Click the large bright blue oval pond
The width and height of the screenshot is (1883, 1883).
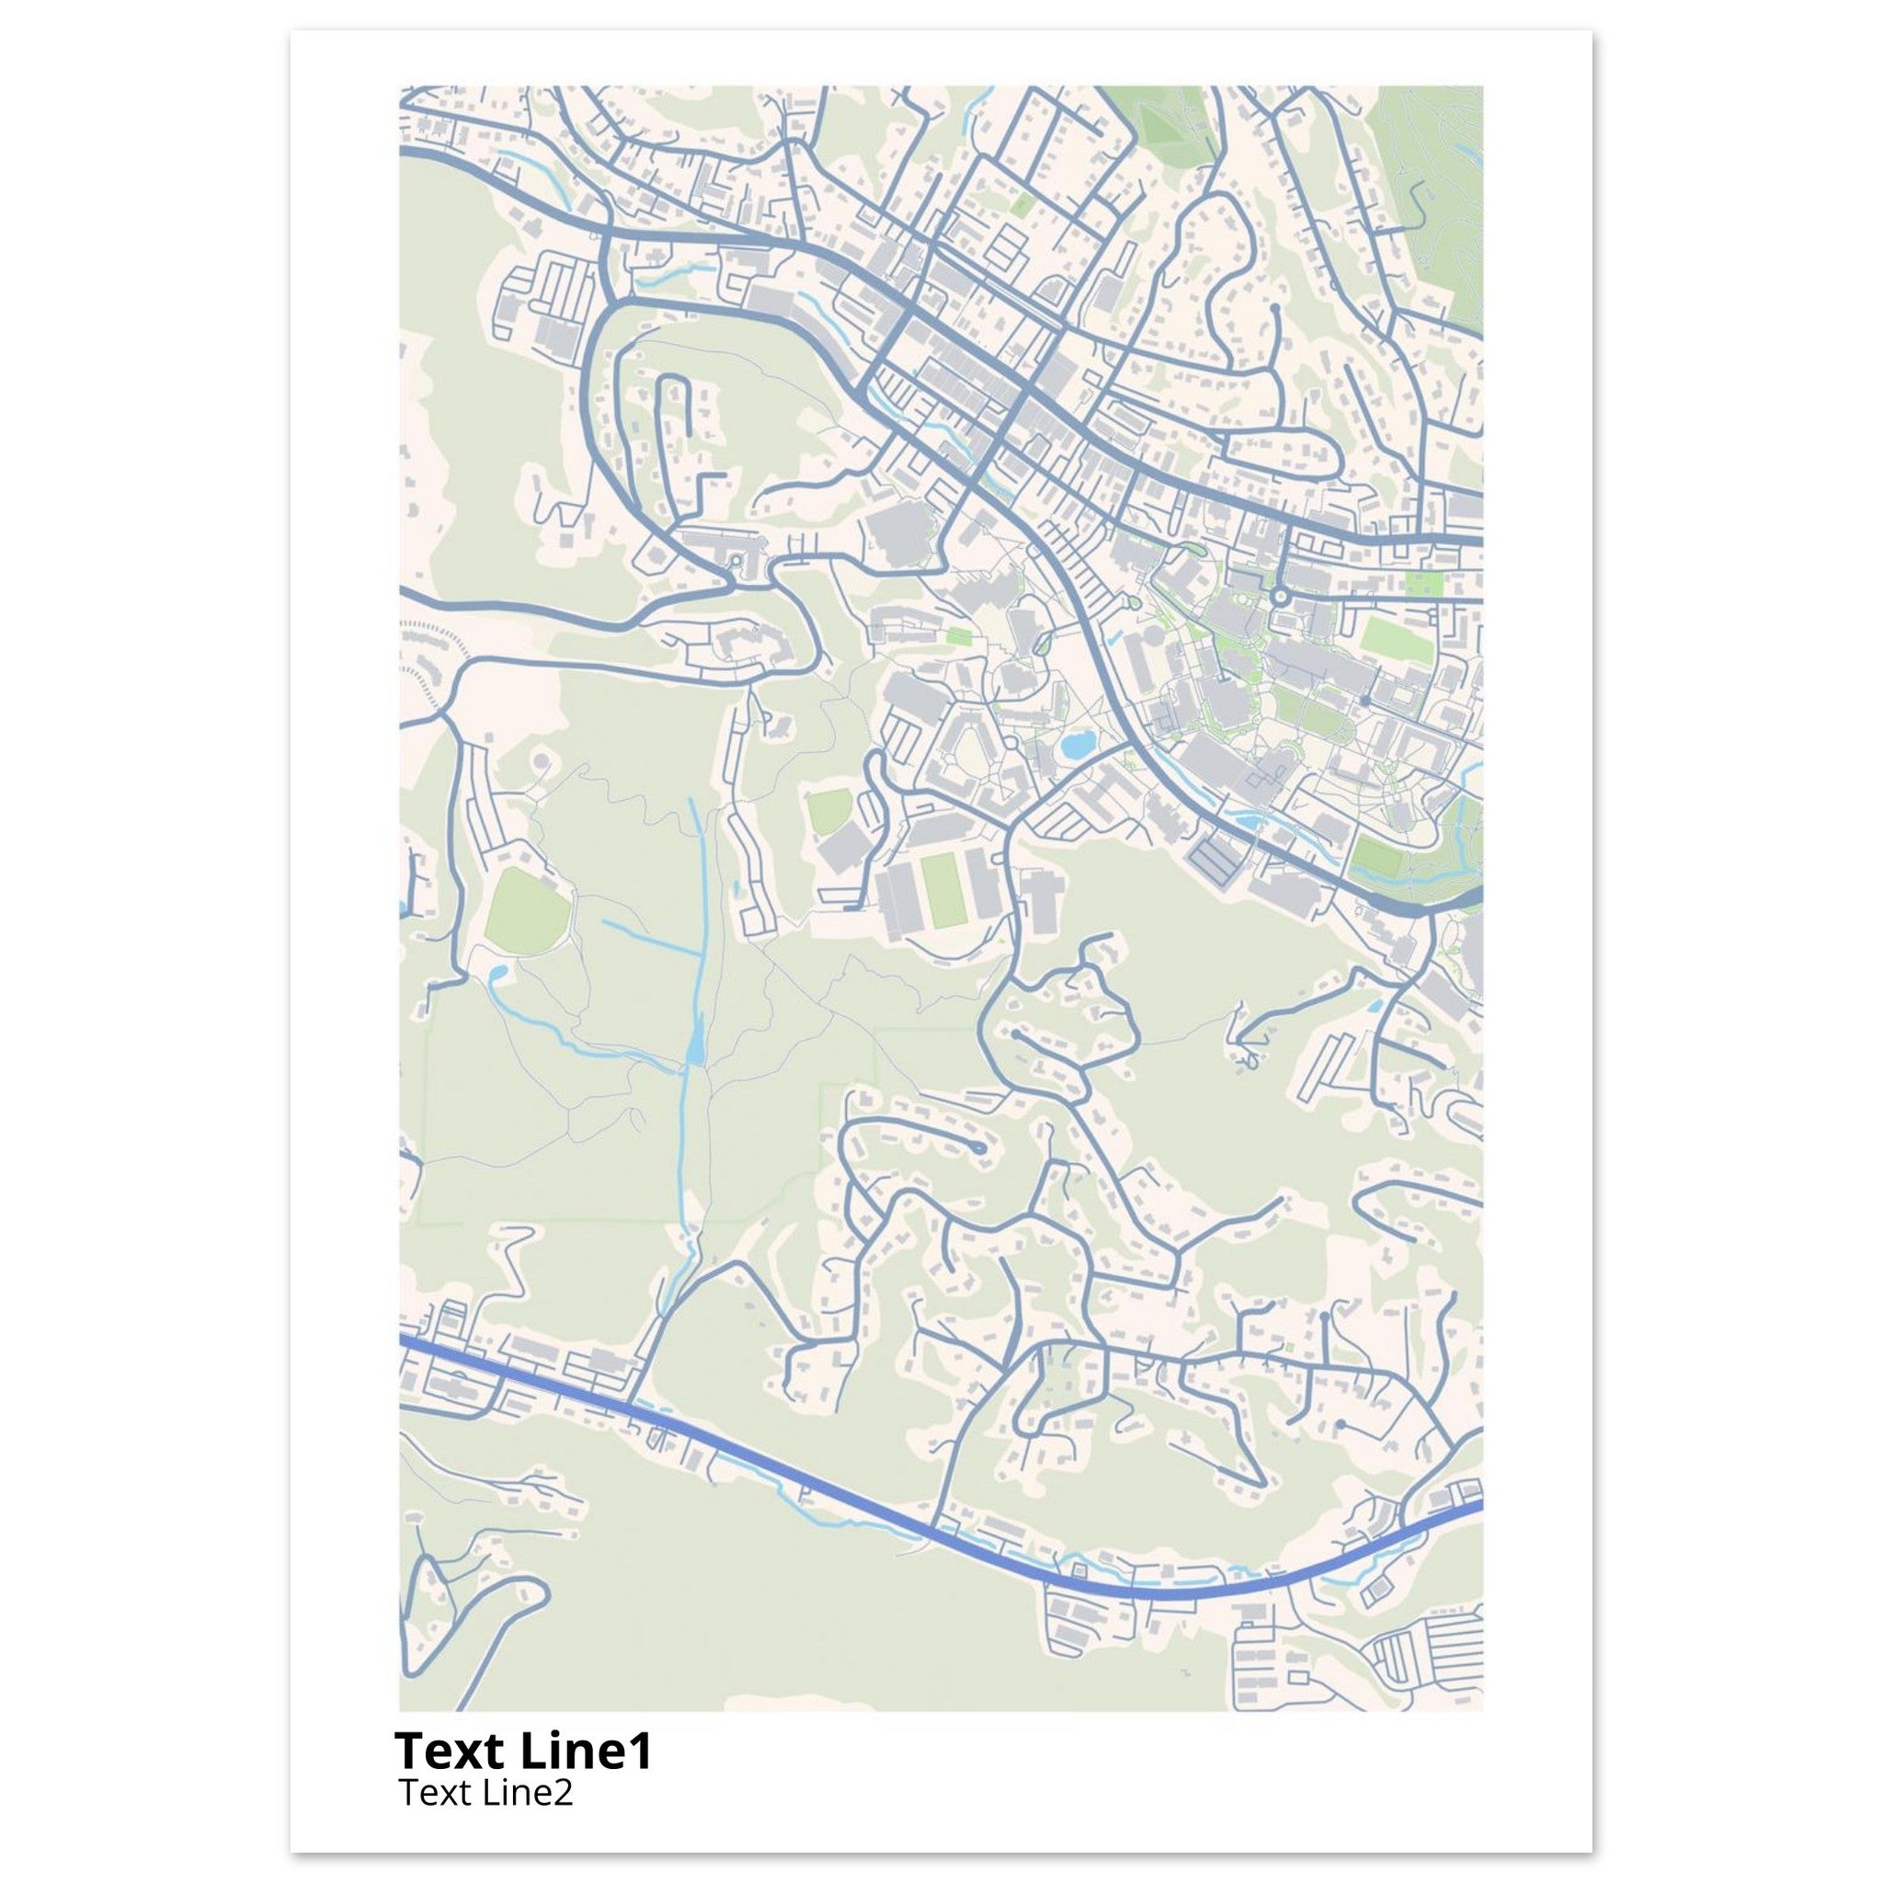tap(1076, 747)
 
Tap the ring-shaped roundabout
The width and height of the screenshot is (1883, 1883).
tap(1281, 596)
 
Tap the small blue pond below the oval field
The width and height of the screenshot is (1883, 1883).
tap(497, 973)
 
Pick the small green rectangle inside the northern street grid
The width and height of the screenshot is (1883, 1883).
tap(1021, 205)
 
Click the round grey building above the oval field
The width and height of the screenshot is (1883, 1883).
tap(542, 759)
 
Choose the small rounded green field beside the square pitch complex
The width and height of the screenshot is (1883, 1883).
tap(829, 813)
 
